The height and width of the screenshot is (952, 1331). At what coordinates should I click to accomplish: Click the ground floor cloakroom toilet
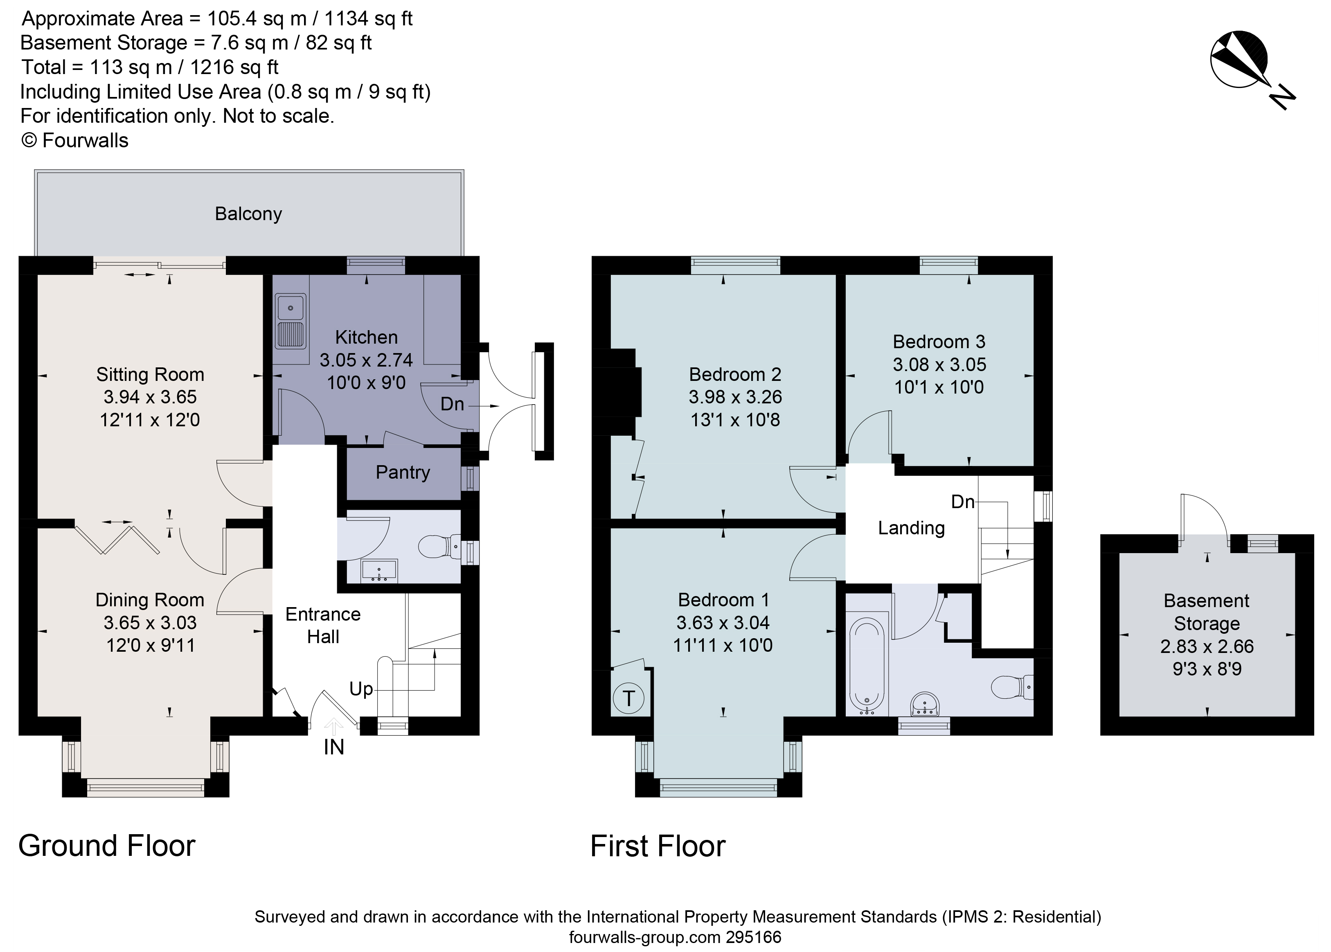pos(440,547)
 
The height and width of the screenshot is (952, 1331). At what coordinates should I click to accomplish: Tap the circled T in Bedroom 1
pos(628,698)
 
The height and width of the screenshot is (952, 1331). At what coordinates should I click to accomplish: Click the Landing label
pos(911,528)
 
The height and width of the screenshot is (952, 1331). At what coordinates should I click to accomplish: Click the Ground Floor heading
pos(107,846)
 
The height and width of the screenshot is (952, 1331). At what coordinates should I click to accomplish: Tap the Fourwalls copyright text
pos(74,141)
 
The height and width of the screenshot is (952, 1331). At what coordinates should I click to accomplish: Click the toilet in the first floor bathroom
pos(1011,687)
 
